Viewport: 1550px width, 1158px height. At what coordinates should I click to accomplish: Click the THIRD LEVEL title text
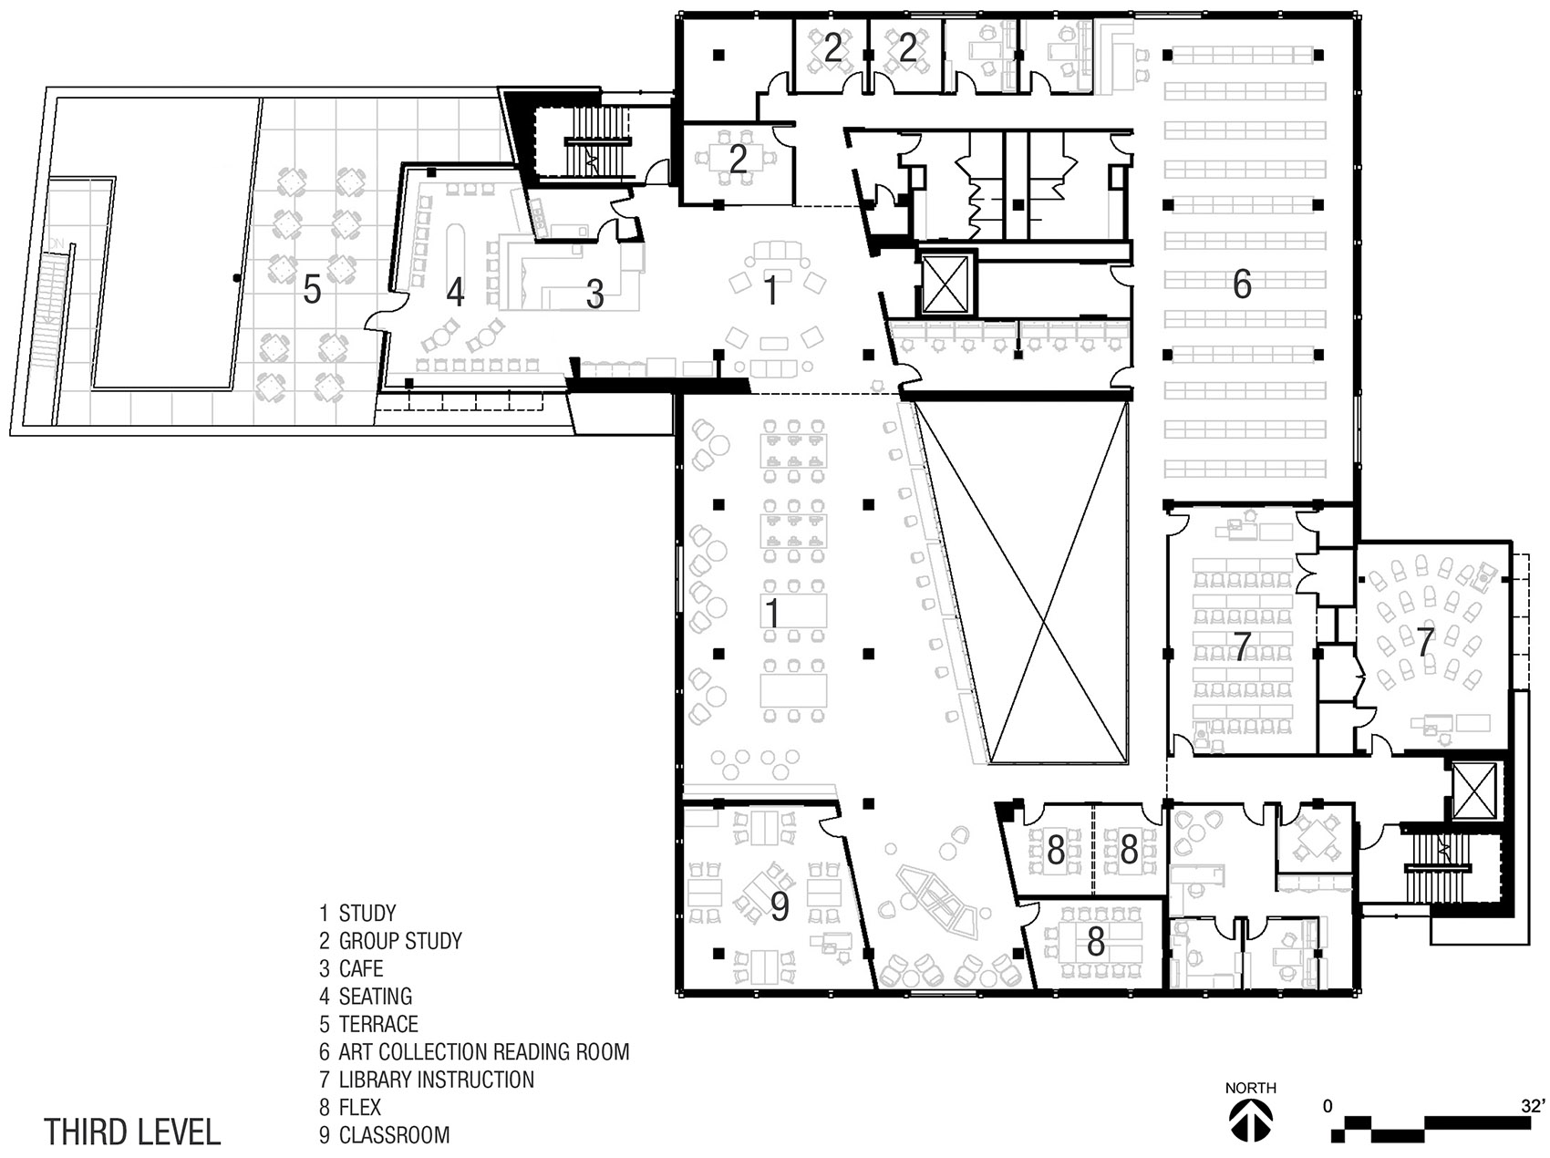pos(133,1132)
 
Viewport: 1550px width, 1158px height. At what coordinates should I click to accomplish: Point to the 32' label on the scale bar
pos(1532,1106)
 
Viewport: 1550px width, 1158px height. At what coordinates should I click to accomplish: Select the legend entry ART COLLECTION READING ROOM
pos(483,1052)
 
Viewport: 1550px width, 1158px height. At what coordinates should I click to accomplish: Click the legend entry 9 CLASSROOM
pos(384,1135)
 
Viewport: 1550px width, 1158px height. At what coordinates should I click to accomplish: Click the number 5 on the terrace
pos(312,290)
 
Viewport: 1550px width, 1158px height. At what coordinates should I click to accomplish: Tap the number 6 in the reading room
pos(1242,284)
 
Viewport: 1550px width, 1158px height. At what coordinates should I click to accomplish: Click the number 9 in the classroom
pos(779,906)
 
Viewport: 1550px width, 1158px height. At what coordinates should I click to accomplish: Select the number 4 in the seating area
pos(455,292)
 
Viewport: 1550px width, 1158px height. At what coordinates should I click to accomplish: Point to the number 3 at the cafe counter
pos(594,295)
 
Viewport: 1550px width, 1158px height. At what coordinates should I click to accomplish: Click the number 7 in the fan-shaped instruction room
pos(1425,641)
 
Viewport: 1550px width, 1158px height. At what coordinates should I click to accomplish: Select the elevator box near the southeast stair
pos(1473,789)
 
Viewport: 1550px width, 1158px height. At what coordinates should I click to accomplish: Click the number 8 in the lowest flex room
pos(1095,942)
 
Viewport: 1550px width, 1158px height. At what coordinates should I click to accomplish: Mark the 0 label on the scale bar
pos(1328,1106)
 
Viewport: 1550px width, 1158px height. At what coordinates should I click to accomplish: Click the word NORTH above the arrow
pos(1250,1088)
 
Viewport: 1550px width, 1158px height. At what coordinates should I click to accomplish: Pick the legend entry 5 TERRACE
pos(368,1024)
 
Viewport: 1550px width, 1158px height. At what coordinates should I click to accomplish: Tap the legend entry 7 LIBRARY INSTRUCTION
pos(427,1080)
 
